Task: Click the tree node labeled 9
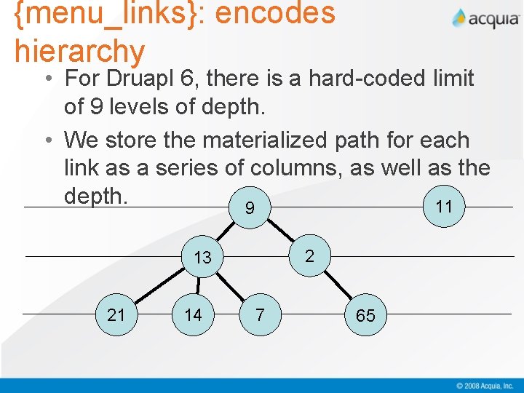point(250,208)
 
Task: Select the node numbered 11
point(444,207)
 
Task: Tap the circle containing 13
point(203,257)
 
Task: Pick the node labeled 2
point(309,255)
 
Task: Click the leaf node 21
point(116,314)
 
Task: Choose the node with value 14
point(193,314)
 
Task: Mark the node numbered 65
point(365,315)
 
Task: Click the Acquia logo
point(485,19)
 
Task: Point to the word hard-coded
point(370,78)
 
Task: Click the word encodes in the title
point(266,15)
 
